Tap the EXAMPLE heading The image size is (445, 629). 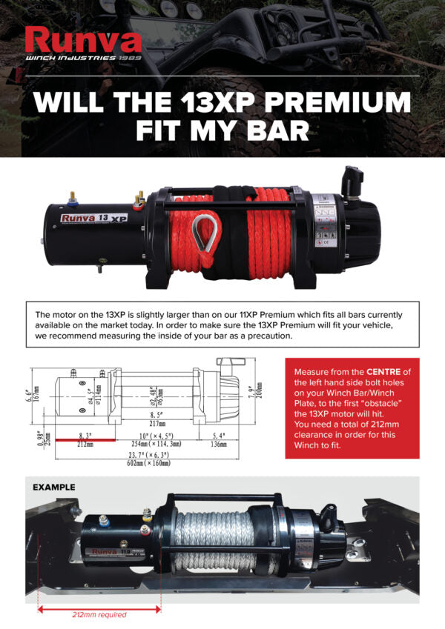tap(54, 487)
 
